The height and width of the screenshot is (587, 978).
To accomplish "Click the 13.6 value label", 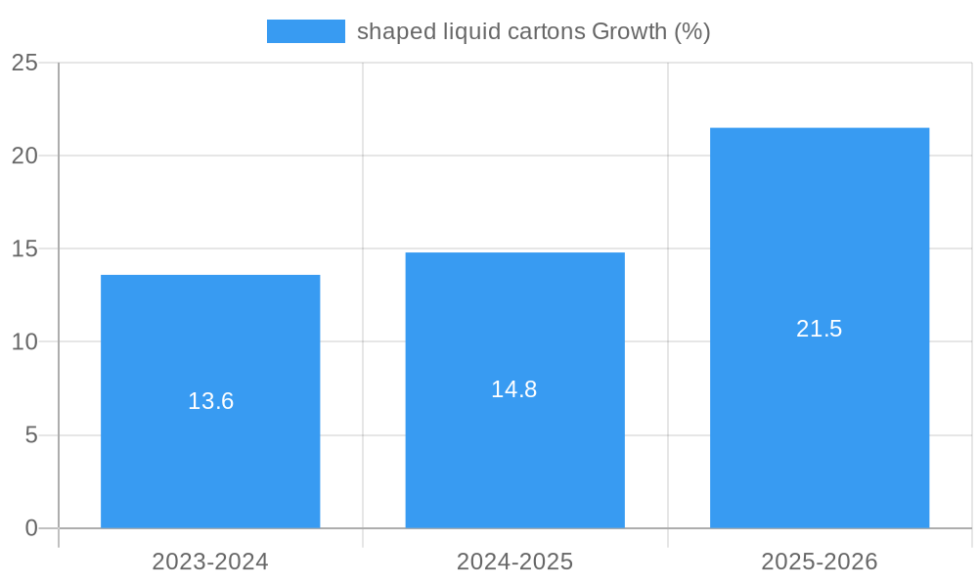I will (x=210, y=401).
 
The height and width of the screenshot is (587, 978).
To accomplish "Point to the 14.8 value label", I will (x=514, y=389).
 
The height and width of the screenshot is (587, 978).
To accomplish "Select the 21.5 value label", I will (x=820, y=329).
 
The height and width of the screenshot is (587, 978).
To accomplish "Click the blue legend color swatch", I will (x=305, y=31).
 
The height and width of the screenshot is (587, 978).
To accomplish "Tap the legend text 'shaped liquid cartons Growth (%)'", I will (x=533, y=31).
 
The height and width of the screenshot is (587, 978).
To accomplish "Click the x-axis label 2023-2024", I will (x=210, y=562).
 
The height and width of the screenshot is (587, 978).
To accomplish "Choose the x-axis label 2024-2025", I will (x=514, y=562).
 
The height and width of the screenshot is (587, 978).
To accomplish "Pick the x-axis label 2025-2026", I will (x=820, y=562).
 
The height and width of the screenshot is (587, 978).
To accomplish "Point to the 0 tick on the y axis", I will (x=31, y=528).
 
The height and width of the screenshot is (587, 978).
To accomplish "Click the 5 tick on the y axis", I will (x=31, y=435).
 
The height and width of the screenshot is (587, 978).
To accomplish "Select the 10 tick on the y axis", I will (x=24, y=342).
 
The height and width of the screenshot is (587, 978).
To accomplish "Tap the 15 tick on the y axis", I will (x=24, y=248).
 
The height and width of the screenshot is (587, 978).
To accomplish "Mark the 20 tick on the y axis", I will (x=24, y=156).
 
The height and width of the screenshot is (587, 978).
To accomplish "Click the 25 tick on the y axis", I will (x=24, y=63).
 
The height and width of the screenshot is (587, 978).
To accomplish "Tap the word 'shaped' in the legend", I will (x=390, y=31).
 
